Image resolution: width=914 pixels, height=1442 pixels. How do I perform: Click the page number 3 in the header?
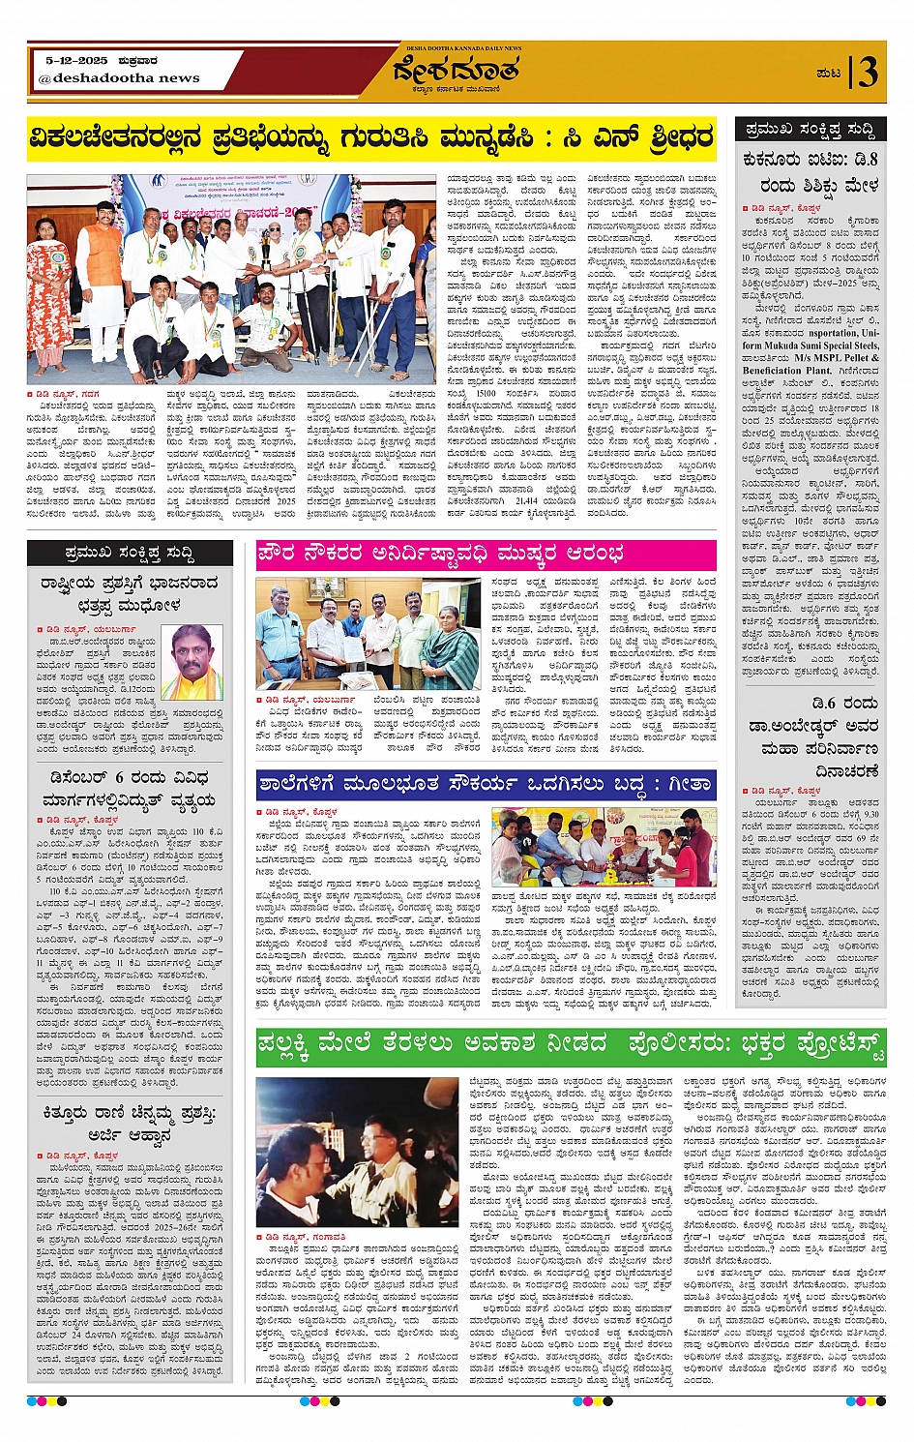point(868,73)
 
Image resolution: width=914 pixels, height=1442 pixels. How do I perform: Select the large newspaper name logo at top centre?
point(456,71)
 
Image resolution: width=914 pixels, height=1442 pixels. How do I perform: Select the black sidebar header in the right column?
point(811,129)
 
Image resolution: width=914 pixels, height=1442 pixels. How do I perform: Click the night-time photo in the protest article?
point(358,1152)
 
